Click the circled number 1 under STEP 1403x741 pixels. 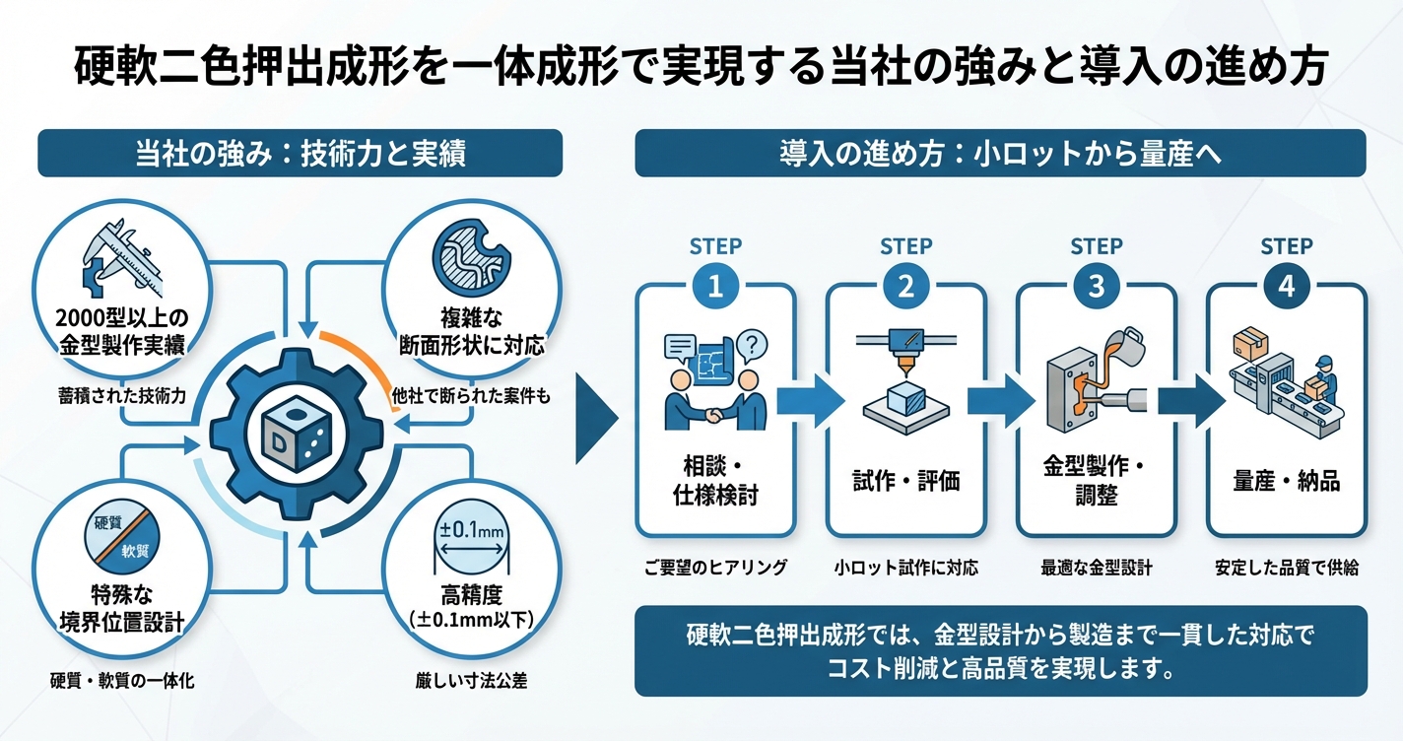(x=715, y=287)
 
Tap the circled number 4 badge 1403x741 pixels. (x=1286, y=287)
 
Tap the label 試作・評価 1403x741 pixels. (x=905, y=481)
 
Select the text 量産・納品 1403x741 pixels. (x=1286, y=481)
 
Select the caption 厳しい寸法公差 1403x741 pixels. (x=471, y=680)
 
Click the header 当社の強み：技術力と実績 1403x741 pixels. (x=300, y=153)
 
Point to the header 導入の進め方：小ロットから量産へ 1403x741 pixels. (x=1000, y=153)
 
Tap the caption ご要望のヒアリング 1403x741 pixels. (x=715, y=569)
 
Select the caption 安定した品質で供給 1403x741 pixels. (x=1286, y=569)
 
